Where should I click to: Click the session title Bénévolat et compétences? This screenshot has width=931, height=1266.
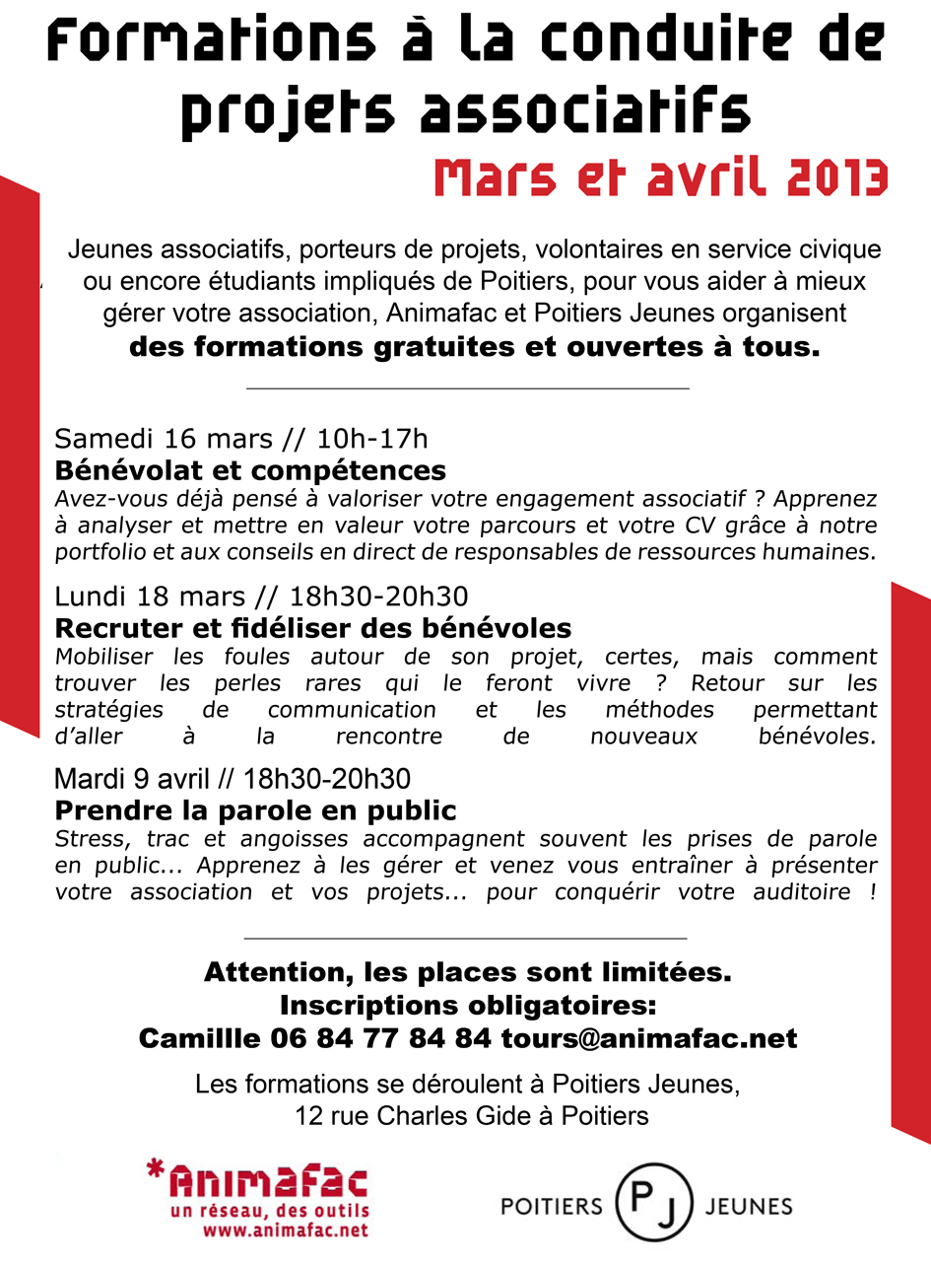pyautogui.click(x=250, y=469)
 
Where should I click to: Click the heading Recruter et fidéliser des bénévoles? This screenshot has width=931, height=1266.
pyautogui.click(x=312, y=627)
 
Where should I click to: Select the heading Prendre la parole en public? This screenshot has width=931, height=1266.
pyautogui.click(x=255, y=811)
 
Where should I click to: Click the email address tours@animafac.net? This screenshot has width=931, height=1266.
pyautogui.click(x=649, y=1038)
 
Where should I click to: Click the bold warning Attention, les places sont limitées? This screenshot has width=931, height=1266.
pyautogui.click(x=467, y=973)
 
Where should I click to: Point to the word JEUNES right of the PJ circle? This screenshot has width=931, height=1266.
pyautogui.click(x=750, y=1207)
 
